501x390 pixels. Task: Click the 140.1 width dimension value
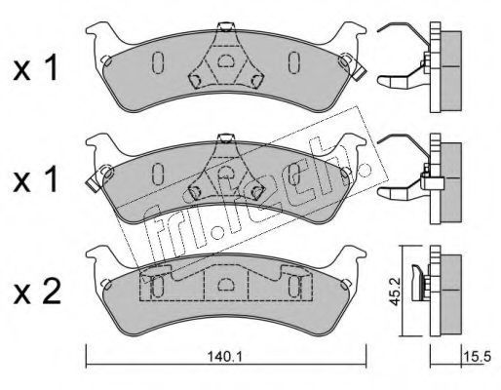point(224,357)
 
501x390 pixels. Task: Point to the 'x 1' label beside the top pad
point(35,67)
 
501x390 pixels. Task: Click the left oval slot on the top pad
point(158,62)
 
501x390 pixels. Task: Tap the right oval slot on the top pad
point(294,62)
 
